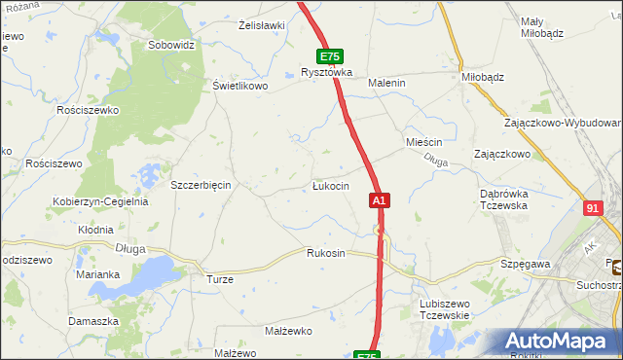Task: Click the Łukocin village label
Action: click(x=330, y=186)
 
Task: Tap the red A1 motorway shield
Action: click(x=380, y=200)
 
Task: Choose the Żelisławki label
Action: click(x=261, y=25)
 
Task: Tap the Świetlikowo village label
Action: click(x=240, y=85)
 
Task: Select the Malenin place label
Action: click(x=386, y=84)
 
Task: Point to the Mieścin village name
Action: click(x=424, y=142)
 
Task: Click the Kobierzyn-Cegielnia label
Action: click(x=100, y=202)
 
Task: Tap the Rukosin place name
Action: click(x=326, y=253)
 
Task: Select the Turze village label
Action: click(x=219, y=279)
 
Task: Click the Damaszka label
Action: click(x=93, y=321)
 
